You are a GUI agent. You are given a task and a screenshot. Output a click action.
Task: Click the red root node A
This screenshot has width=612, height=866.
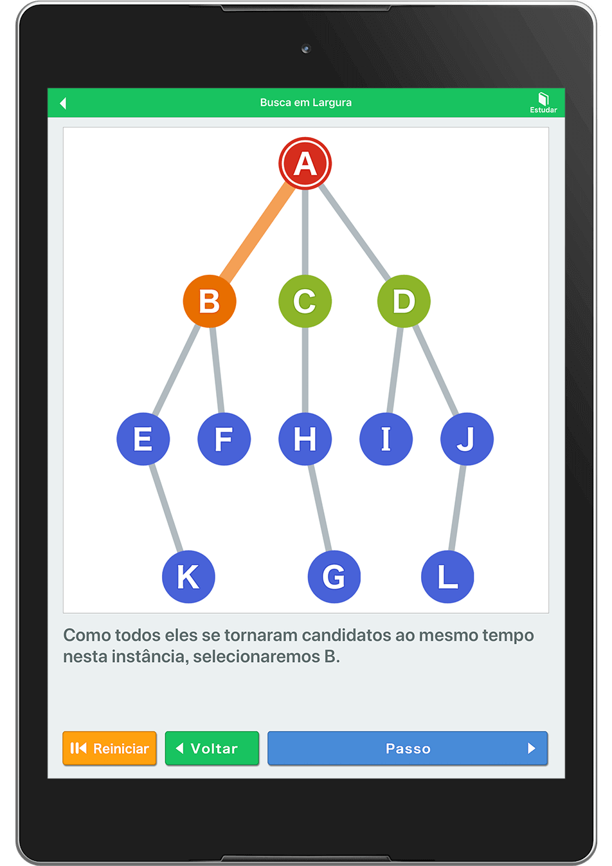tap(305, 163)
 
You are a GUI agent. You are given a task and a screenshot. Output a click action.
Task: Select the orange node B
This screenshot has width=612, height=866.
tap(210, 301)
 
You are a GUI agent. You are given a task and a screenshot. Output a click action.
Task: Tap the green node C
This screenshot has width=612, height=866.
tap(305, 301)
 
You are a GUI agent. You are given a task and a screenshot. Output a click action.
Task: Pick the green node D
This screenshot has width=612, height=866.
tap(404, 301)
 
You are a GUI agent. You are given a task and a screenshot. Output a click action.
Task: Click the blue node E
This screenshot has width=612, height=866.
tap(143, 439)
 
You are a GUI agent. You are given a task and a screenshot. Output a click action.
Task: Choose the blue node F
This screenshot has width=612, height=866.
tap(224, 439)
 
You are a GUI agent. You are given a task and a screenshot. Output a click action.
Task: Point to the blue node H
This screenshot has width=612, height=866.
tap(305, 439)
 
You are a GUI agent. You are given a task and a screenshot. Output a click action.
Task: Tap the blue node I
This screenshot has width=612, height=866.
tap(386, 439)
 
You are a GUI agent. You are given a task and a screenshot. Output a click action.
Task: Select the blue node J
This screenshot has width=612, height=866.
tap(467, 439)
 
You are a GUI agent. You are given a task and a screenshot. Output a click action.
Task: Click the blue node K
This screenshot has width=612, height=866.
tap(188, 576)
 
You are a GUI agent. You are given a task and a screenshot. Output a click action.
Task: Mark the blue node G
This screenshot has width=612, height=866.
tap(334, 576)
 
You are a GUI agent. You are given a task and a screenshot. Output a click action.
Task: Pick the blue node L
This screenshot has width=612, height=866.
tap(447, 576)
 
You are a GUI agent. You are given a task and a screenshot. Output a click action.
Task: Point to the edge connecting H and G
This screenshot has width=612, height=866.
tap(319, 508)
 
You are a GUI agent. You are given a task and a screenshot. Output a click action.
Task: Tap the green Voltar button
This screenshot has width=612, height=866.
tap(212, 748)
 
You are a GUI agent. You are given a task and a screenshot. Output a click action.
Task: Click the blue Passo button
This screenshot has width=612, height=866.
tap(407, 748)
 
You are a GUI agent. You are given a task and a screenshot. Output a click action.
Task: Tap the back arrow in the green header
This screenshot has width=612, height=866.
tap(63, 103)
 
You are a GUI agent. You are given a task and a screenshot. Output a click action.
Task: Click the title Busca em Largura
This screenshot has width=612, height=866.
tap(305, 102)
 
